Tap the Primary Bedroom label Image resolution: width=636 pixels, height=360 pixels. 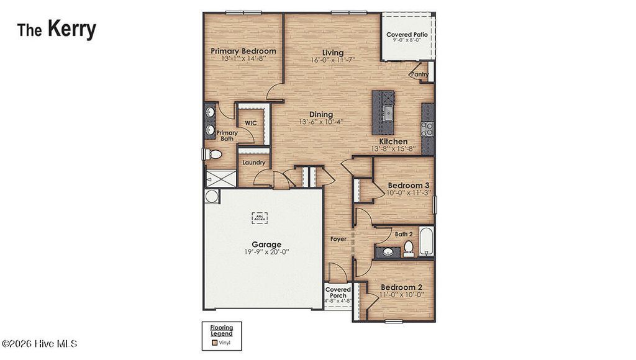243,51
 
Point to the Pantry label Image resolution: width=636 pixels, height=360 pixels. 419,74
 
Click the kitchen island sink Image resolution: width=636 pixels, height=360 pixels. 387,113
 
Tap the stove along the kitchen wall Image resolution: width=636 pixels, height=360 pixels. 427,128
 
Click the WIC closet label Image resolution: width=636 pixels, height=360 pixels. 250,123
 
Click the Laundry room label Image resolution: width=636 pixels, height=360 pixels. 253,163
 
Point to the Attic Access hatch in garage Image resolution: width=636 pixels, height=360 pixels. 259,218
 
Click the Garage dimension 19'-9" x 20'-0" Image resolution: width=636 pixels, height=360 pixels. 266,252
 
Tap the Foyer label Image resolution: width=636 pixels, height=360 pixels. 338,239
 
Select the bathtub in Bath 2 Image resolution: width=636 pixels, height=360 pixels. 427,242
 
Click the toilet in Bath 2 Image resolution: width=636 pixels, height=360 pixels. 409,248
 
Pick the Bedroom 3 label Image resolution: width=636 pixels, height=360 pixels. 409,185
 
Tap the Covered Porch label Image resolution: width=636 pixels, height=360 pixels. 338,292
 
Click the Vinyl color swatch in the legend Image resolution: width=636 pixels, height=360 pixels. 214,341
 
